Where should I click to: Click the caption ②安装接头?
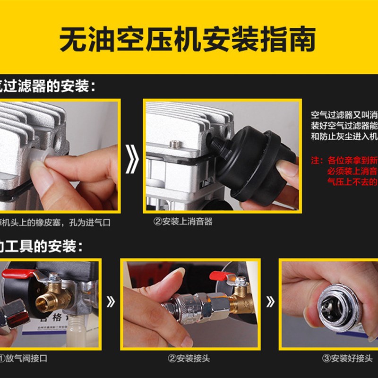(x=189, y=358)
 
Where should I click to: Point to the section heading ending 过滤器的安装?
(x=47, y=86)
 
